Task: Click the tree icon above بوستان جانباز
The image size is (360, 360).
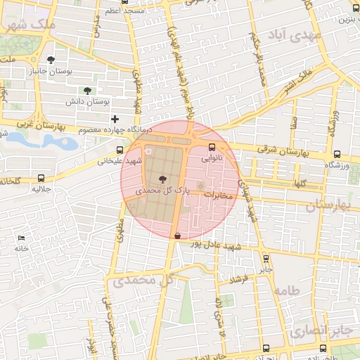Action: pyautogui.click(x=51, y=59)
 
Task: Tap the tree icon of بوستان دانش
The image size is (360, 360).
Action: pyautogui.click(x=87, y=91)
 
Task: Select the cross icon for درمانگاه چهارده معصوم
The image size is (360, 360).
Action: pyautogui.click(x=115, y=119)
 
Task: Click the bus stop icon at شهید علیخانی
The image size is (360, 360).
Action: pyautogui.click(x=119, y=150)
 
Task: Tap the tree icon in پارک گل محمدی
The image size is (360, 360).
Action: pyautogui.click(x=163, y=179)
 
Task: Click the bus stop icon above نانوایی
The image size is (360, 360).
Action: pyautogui.click(x=212, y=147)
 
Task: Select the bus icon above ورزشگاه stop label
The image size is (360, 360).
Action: pyautogui.click(x=337, y=154)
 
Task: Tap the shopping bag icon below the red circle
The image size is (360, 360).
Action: pyautogui.click(x=177, y=236)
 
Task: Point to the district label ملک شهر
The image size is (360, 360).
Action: pyautogui.click(x=29, y=25)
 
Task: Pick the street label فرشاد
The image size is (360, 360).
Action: pyautogui.click(x=240, y=280)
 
